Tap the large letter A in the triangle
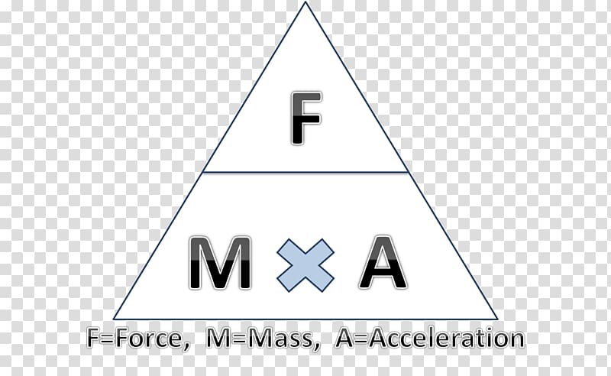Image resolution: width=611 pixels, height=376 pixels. (383, 262)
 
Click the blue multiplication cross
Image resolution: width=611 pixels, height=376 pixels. (305, 265)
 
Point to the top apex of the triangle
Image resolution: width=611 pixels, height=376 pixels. (305, 2)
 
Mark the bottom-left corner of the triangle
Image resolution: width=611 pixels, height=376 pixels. (114, 319)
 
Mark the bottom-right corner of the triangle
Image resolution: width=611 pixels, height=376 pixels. (497, 319)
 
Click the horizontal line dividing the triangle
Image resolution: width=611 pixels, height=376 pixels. (305, 172)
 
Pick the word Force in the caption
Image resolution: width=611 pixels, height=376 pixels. (149, 339)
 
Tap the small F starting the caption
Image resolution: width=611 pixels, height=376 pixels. (92, 339)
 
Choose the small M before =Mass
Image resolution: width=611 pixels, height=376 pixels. (217, 339)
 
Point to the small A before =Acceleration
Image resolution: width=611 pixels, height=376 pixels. (344, 339)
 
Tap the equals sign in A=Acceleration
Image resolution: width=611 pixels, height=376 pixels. (361, 339)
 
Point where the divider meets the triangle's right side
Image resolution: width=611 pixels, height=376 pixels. (409, 172)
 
